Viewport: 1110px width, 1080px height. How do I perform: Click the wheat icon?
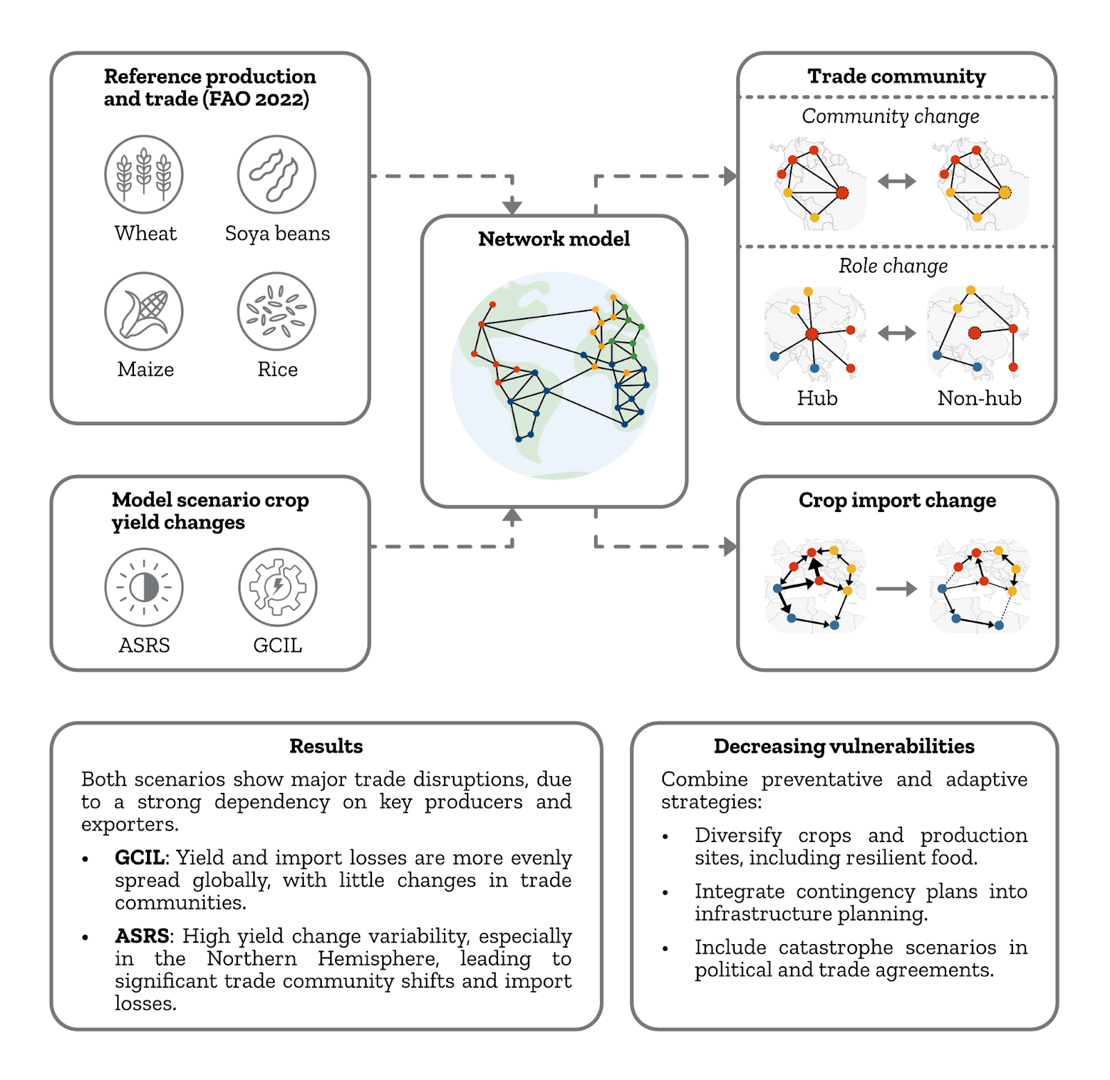(144, 174)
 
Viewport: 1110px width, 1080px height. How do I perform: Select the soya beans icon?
(277, 174)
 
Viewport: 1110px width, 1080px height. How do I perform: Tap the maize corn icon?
(144, 311)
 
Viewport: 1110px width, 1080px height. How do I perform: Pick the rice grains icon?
(277, 311)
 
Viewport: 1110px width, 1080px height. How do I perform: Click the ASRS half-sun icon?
(144, 588)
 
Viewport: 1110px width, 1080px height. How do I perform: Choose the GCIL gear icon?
(277, 588)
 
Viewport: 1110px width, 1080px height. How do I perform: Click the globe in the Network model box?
(554, 375)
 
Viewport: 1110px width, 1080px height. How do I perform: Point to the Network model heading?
(554, 239)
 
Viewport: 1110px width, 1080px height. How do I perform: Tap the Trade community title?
(896, 76)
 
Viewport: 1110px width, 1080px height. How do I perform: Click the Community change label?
(891, 117)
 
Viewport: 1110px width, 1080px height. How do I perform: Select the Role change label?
(893, 266)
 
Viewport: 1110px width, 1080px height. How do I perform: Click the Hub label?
(817, 398)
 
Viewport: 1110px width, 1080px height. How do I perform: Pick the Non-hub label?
(980, 398)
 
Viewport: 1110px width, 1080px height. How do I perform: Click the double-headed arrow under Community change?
(897, 182)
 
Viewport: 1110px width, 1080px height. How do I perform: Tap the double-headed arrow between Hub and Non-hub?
(897, 334)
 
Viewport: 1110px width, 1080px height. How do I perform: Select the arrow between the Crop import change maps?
(896, 589)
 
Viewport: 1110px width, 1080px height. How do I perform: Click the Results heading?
(326, 746)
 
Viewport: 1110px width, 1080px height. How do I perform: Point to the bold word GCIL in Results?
(140, 858)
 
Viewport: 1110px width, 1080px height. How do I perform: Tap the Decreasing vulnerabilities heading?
(844, 746)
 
